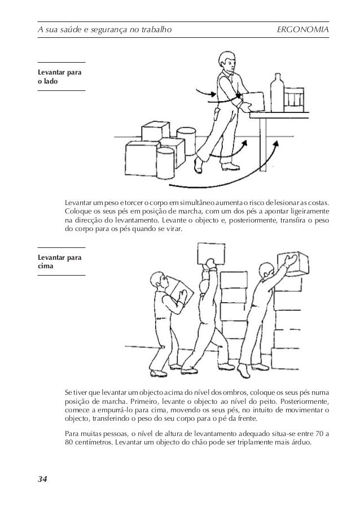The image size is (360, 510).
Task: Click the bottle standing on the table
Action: pos(276,94)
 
